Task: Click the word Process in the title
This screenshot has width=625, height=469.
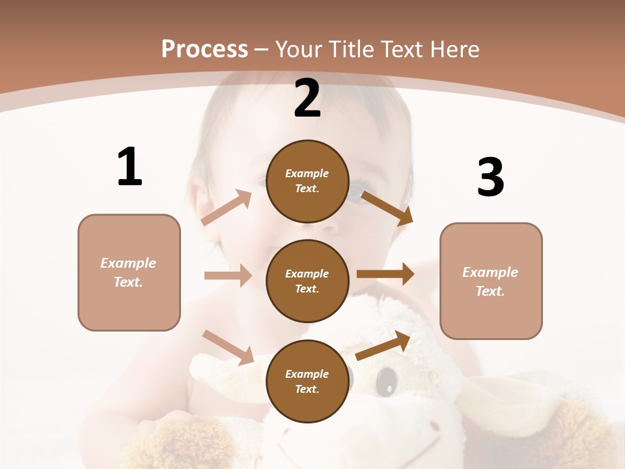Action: tap(204, 49)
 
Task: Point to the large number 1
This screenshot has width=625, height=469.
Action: tap(130, 167)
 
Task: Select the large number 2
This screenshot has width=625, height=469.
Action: tap(307, 98)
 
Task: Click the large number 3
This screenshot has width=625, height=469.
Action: tap(491, 177)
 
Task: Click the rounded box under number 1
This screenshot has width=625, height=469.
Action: tap(129, 272)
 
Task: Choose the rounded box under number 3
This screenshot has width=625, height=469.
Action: tap(491, 281)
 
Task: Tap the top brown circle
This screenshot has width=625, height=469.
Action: tap(307, 181)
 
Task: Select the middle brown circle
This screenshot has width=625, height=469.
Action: tap(307, 281)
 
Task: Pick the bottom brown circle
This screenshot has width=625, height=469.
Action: tap(307, 382)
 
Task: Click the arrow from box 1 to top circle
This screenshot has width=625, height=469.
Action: tap(227, 207)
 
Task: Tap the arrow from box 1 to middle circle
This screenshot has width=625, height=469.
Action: tap(228, 276)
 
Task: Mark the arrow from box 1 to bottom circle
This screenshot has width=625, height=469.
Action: tap(228, 347)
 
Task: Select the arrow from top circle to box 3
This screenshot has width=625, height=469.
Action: tap(387, 208)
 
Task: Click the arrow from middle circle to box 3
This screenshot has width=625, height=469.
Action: tap(385, 274)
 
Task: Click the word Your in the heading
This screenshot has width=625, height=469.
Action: tap(299, 49)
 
